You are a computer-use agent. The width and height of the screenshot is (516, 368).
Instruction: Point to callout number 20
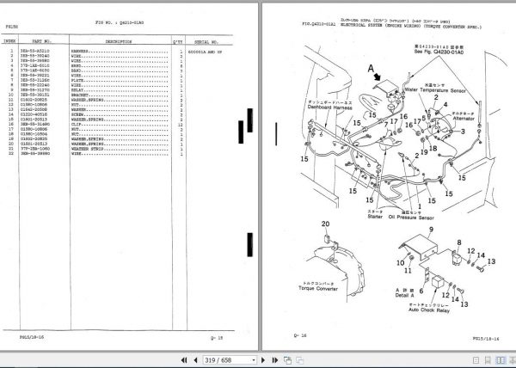click(x=325, y=226)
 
